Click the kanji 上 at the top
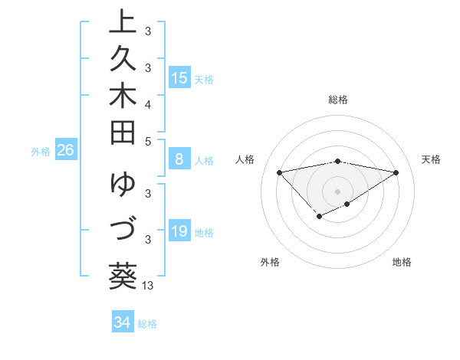point(123,21)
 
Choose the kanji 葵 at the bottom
point(123,274)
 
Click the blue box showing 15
point(179,77)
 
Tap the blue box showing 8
point(179,159)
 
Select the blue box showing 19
point(179,231)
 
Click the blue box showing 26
point(65,150)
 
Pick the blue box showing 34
point(122,322)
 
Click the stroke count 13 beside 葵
point(148,286)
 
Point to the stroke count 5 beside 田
point(148,141)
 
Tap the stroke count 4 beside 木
point(148,104)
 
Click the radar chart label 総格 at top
point(338,100)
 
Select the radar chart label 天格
point(431,159)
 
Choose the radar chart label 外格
point(270,262)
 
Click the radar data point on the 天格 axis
point(396,172)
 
